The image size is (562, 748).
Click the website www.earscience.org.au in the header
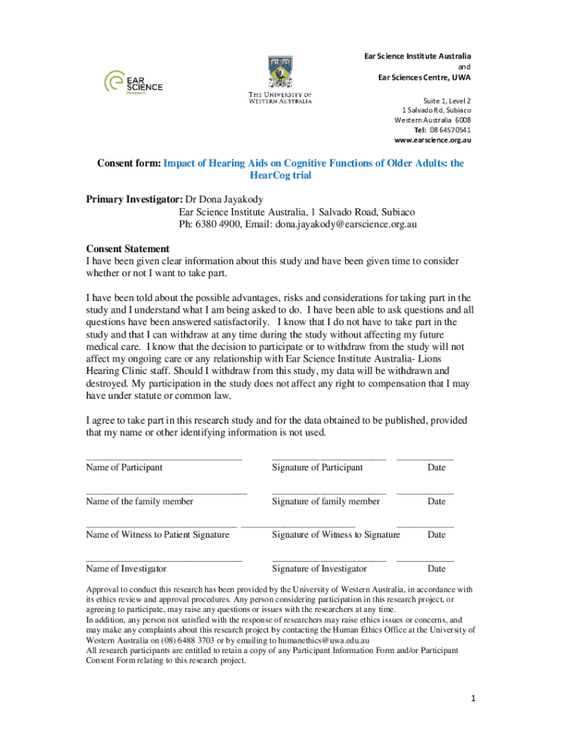coord(433,140)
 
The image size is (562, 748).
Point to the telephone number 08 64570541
coord(442,129)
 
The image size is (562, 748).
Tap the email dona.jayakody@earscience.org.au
coord(346,224)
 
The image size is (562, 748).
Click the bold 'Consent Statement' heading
coord(128,249)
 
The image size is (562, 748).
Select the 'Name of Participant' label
coord(124,467)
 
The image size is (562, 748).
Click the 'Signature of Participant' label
coord(317,467)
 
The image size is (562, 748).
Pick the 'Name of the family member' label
coord(139,501)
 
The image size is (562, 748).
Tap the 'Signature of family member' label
coord(326,501)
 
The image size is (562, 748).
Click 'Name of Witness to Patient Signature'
coord(158,535)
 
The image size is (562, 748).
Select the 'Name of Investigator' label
coord(126,568)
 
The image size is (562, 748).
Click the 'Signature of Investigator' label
coord(320,568)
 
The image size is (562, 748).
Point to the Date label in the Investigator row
coord(436,568)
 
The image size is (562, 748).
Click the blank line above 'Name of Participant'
coord(163,458)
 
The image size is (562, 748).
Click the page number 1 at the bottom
coord(473,698)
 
